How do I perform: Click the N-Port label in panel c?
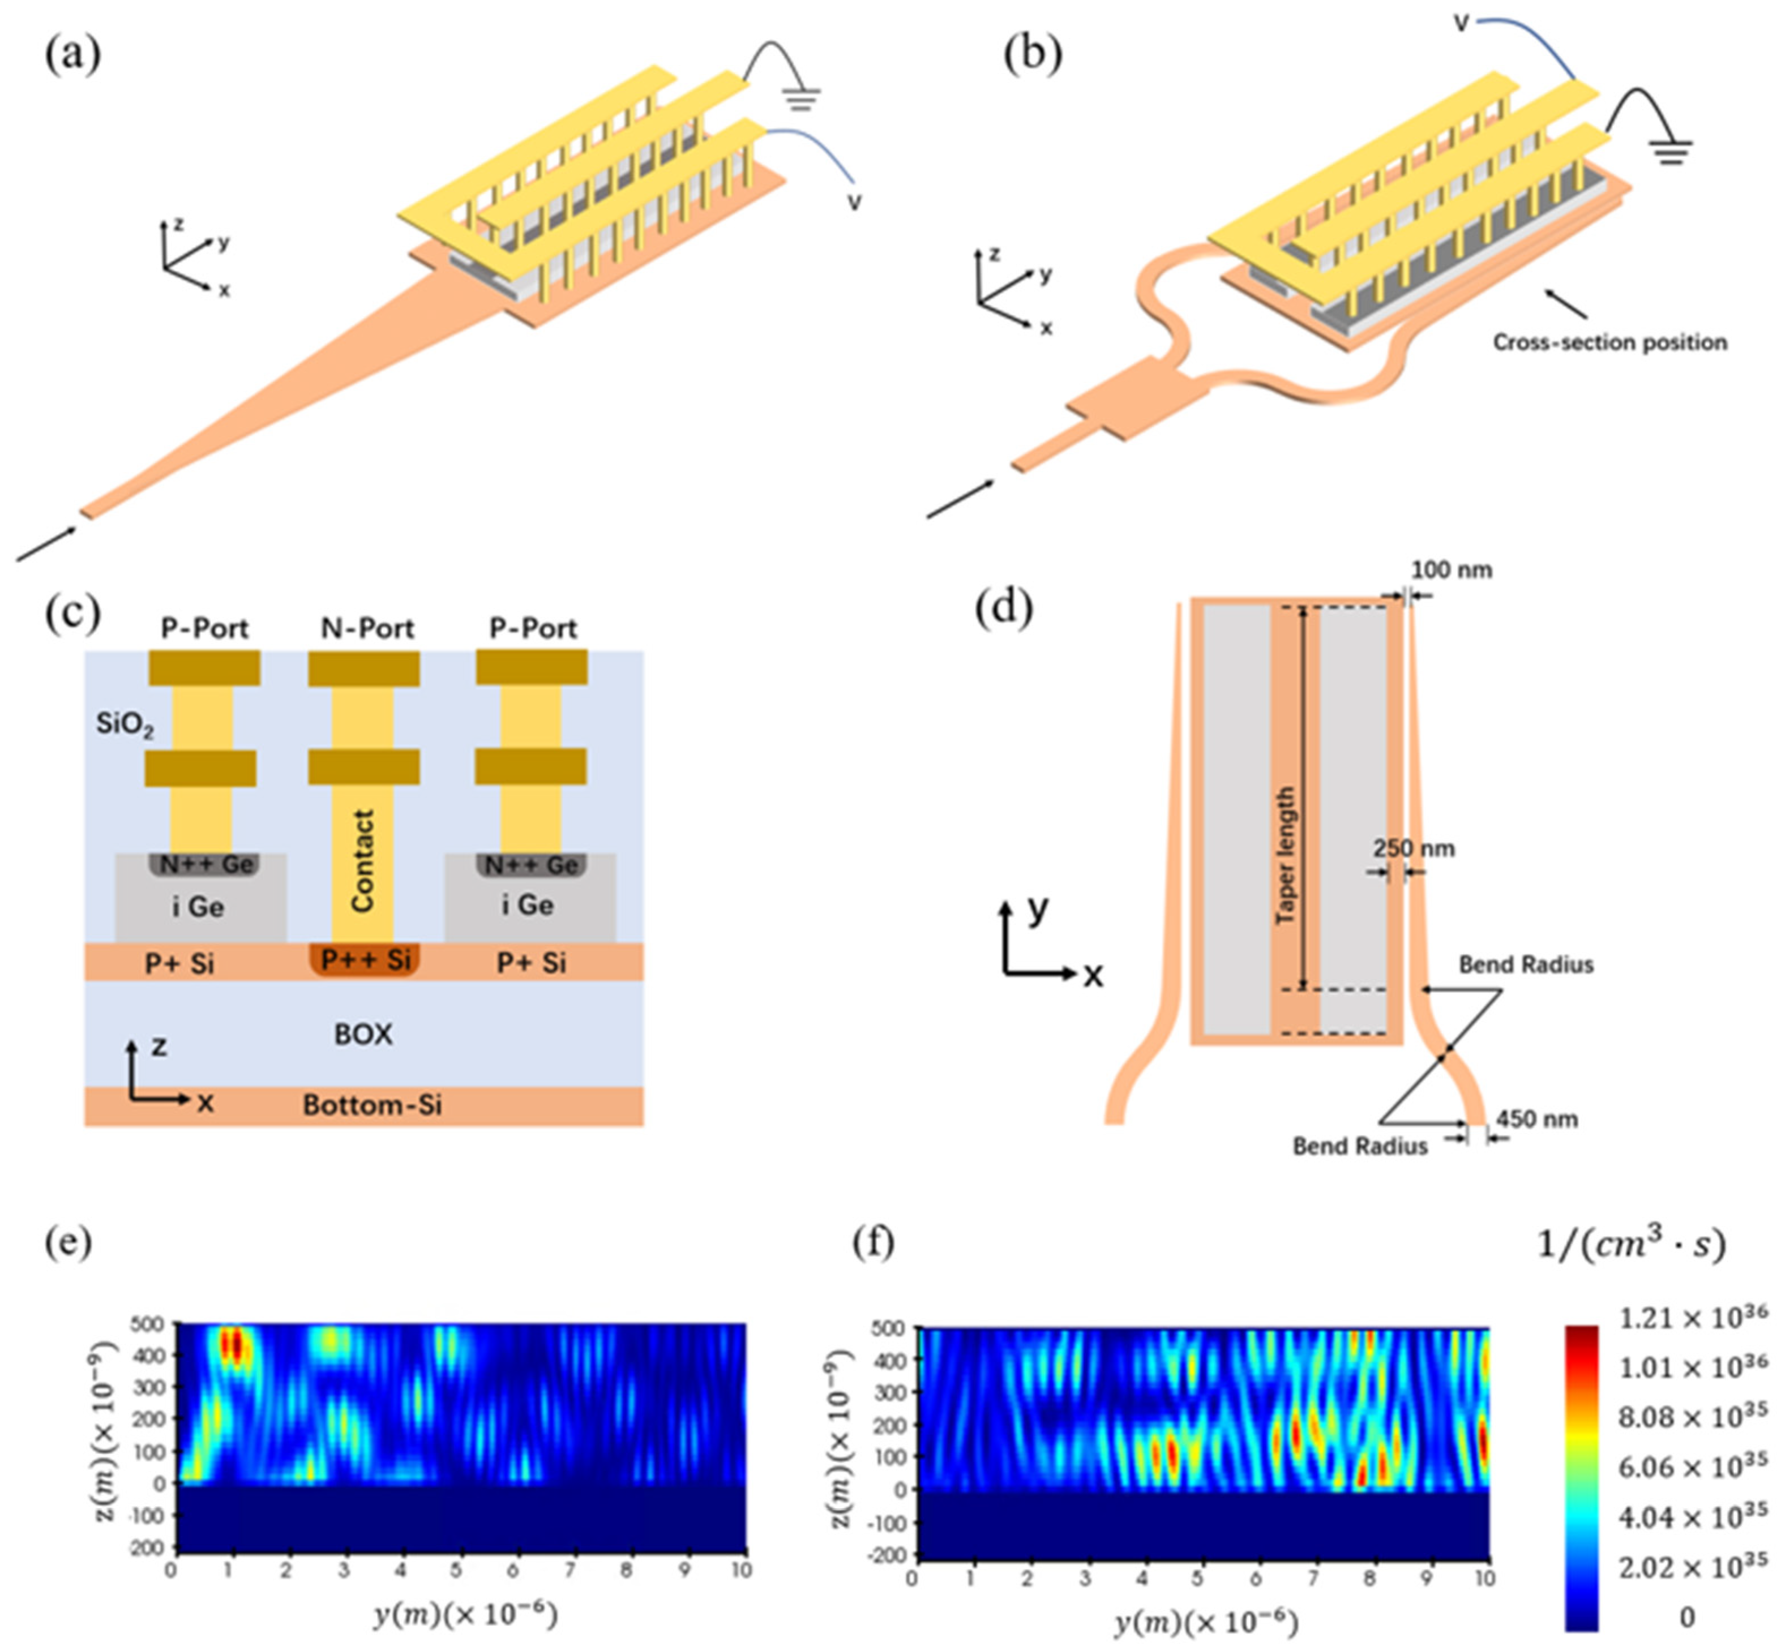(x=367, y=628)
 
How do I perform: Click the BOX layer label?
(x=363, y=1035)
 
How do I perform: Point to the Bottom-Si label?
(x=372, y=1105)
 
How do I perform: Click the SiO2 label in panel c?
(x=124, y=724)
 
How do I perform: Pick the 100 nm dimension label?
(x=1452, y=570)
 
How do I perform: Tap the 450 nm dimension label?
(x=1537, y=1120)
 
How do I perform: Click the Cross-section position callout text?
(x=1609, y=343)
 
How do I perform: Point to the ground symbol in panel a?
(x=803, y=98)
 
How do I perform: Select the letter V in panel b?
(x=1461, y=22)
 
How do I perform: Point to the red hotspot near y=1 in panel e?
(x=232, y=1345)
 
